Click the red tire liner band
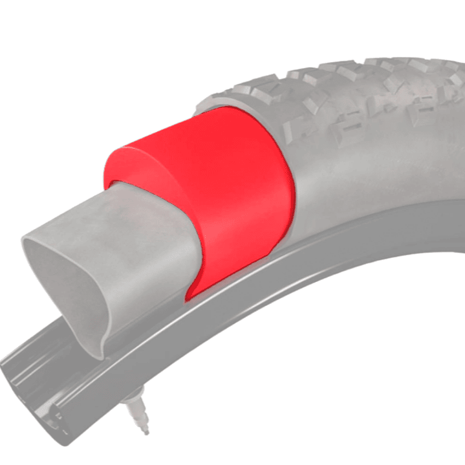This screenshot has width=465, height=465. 233,194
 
